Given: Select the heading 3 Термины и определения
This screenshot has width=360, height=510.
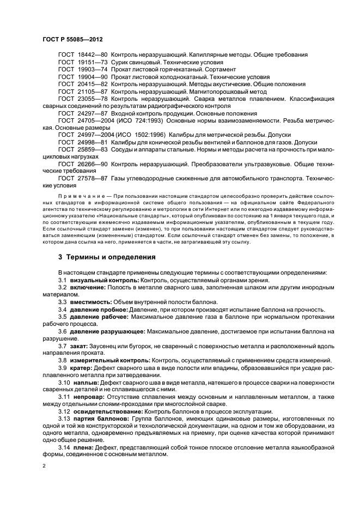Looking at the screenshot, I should click(107, 257).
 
